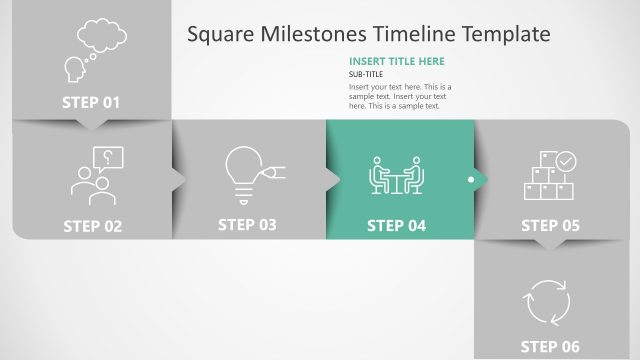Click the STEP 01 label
point(91,102)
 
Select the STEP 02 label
point(92,226)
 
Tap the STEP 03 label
point(247,225)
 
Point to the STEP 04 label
point(396,226)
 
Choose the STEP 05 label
point(550,226)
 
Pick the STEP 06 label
point(550,347)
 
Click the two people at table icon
point(396,176)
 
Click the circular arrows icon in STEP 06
point(548,301)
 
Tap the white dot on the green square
point(471,180)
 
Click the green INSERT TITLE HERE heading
point(396,61)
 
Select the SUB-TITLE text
point(368,75)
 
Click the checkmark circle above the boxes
point(566,160)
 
